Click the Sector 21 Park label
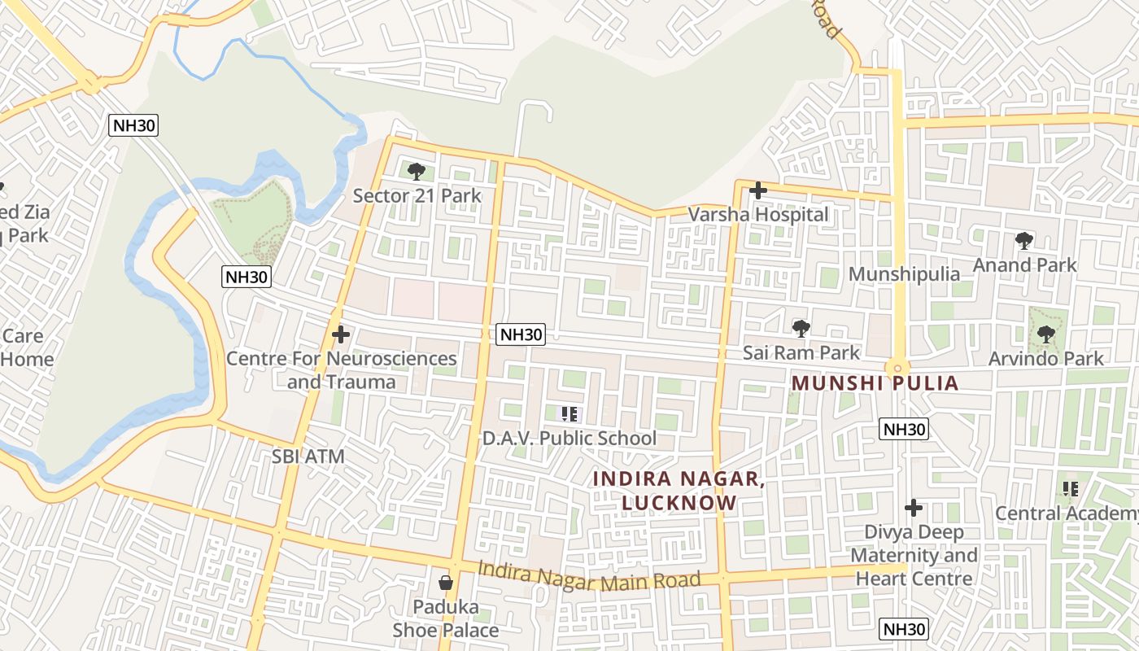[417, 195]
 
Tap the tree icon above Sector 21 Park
[417, 172]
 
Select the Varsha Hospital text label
[758, 214]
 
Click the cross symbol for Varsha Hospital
[758, 191]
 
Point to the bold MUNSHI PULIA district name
[875, 382]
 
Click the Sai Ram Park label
[801, 352]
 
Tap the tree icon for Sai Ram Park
[801, 329]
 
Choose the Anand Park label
[1024, 264]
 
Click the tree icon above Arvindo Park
[1046, 334]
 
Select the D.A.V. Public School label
[569, 438]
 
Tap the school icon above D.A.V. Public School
[569, 414]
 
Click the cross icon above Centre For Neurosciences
[341, 334]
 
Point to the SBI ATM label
[308, 457]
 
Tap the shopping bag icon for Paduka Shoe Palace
[446, 583]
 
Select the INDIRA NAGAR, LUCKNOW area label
[679, 491]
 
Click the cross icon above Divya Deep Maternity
[914, 509]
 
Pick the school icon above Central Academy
[1071, 489]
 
